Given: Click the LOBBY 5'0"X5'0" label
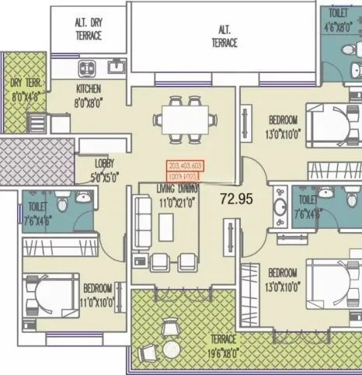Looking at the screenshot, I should coord(105,169).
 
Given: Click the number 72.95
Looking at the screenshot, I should coord(236,199).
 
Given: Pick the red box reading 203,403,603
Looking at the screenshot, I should coord(185,166).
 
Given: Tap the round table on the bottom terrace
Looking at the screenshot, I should coord(170,350).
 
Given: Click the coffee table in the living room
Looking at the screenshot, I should coord(165,227).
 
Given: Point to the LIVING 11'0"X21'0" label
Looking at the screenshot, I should coord(176,193).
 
